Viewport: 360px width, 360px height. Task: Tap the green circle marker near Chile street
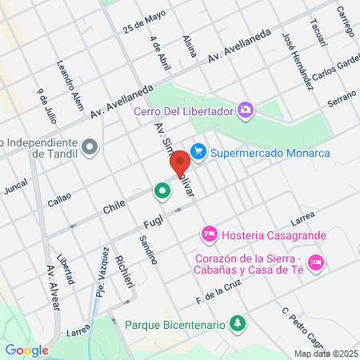pyautogui.click(x=162, y=190)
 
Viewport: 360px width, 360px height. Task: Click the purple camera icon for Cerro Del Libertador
pyautogui.click(x=246, y=110)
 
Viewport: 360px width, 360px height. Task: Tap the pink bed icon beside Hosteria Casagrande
pyautogui.click(x=209, y=234)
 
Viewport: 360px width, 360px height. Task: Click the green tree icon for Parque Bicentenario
pyautogui.click(x=237, y=324)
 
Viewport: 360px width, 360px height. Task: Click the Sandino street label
pyautogui.click(x=146, y=250)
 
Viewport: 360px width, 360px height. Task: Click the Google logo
pyautogui.click(x=27, y=350)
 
